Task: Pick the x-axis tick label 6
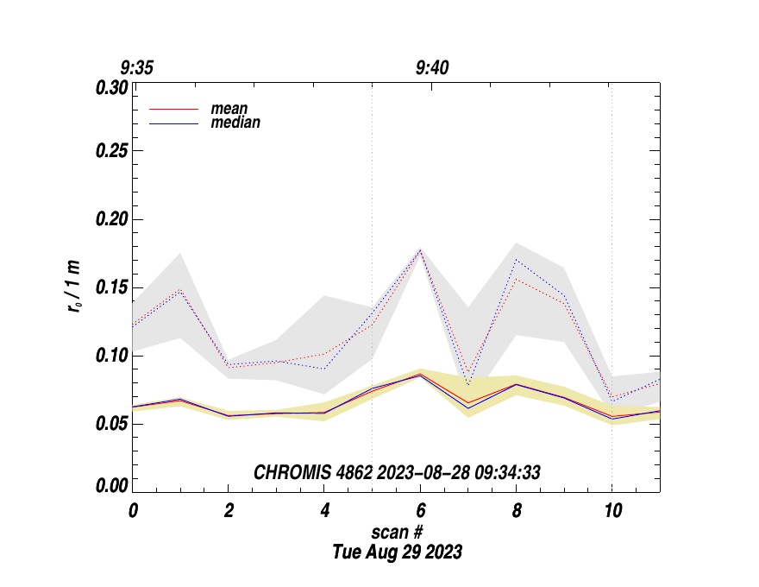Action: coord(420,510)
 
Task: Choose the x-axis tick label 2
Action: coord(229,510)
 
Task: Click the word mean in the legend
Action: coord(229,110)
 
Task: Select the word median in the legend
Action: coord(235,123)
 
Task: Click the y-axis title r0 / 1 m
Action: coord(76,287)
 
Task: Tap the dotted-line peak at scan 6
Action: coord(420,250)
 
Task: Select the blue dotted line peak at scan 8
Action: coord(516,259)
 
